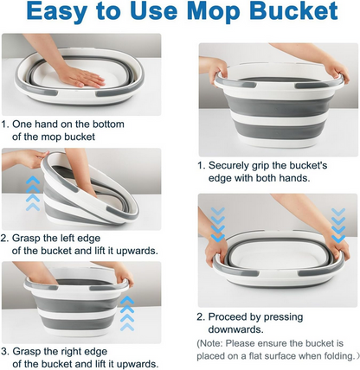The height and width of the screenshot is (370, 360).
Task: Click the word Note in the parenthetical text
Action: point(219,342)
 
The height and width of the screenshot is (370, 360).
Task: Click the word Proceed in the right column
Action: point(235,316)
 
